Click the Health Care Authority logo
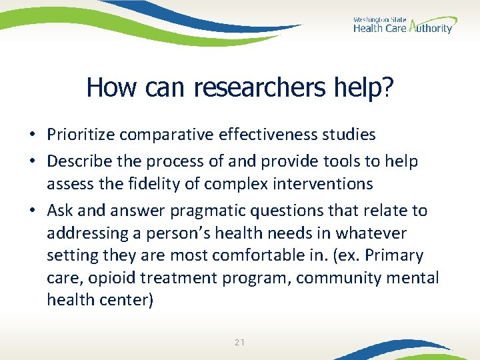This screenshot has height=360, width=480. click(x=403, y=25)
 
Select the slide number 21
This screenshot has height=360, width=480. click(x=240, y=343)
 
